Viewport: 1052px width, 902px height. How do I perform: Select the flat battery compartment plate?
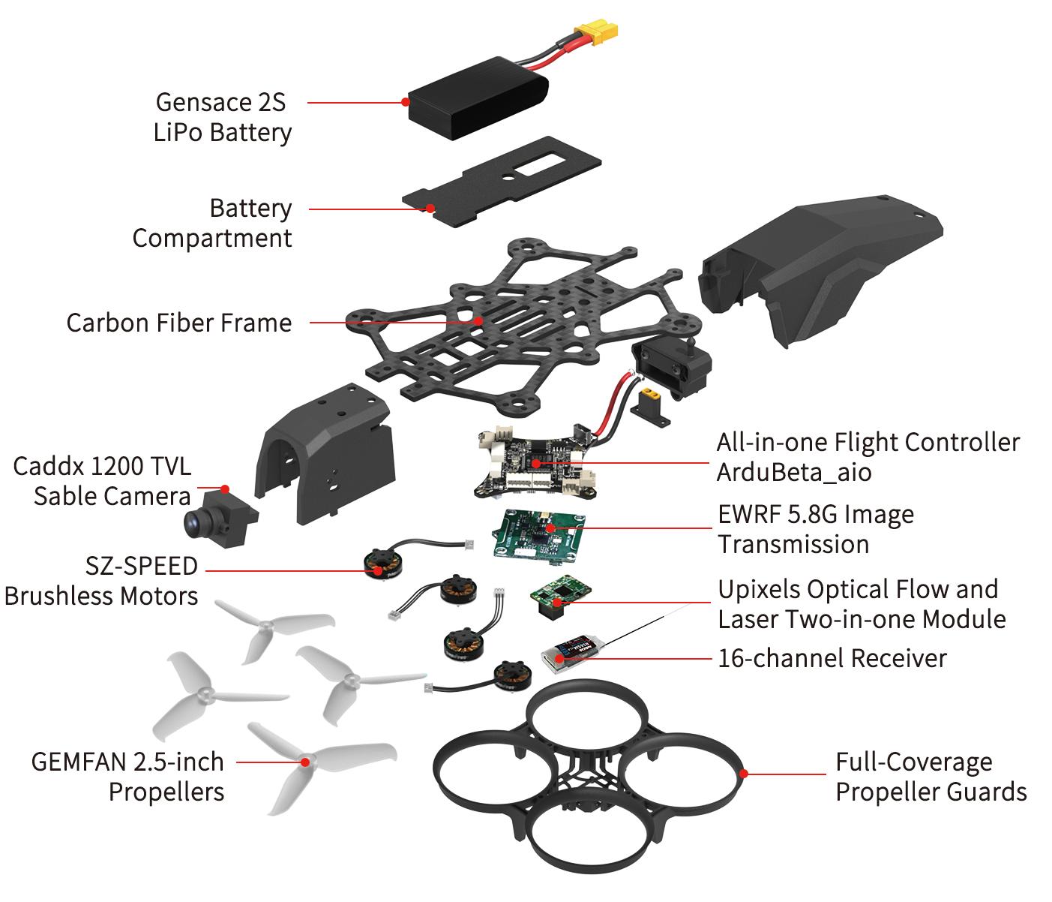(502, 182)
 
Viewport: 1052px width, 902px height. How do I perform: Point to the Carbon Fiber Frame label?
(179, 323)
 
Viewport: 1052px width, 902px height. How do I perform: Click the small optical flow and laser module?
(560, 597)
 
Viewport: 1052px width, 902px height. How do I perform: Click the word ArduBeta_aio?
(794, 472)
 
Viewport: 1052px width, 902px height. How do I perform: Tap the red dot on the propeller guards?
(744, 774)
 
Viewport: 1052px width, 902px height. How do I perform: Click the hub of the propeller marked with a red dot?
(305, 762)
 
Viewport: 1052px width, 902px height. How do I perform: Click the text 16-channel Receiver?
(832, 658)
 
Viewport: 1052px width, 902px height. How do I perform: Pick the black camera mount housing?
(325, 453)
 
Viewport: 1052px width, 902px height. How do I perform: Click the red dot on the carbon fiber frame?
(478, 321)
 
